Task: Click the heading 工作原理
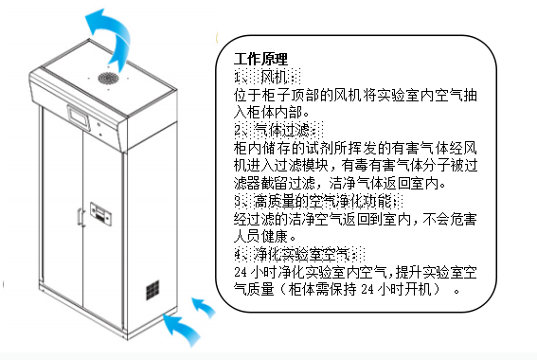(261, 59)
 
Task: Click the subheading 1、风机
(267, 77)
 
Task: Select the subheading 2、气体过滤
(278, 130)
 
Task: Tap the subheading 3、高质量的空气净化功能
(318, 201)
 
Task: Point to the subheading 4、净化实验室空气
(299, 255)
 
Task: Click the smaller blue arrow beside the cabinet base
(204, 307)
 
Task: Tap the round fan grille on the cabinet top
(108, 79)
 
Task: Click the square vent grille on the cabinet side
(152, 290)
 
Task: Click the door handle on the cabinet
(81, 218)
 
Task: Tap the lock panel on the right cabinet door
(100, 214)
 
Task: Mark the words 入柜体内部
(268, 112)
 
